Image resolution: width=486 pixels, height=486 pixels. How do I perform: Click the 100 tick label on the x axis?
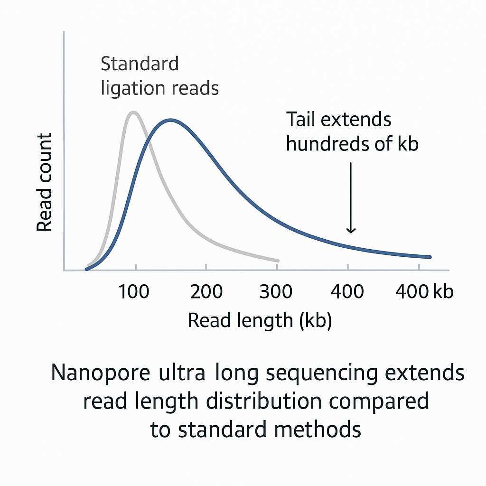(x=134, y=291)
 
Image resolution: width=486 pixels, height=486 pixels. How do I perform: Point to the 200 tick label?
(x=206, y=291)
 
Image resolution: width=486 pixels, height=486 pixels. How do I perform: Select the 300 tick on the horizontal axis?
(x=276, y=291)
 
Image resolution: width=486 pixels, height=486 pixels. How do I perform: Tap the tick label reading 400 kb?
(x=424, y=291)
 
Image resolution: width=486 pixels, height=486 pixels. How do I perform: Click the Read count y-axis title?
(x=45, y=182)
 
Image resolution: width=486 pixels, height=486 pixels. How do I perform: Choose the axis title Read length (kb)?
(x=260, y=321)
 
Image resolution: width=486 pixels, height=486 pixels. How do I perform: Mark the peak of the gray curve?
(x=134, y=112)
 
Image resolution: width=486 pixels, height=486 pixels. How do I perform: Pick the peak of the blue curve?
(x=169, y=120)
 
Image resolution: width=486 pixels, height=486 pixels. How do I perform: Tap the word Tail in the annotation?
(x=301, y=119)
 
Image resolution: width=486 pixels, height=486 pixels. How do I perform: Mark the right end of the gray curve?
(x=278, y=261)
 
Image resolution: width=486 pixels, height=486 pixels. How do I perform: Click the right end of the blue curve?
(x=430, y=257)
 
